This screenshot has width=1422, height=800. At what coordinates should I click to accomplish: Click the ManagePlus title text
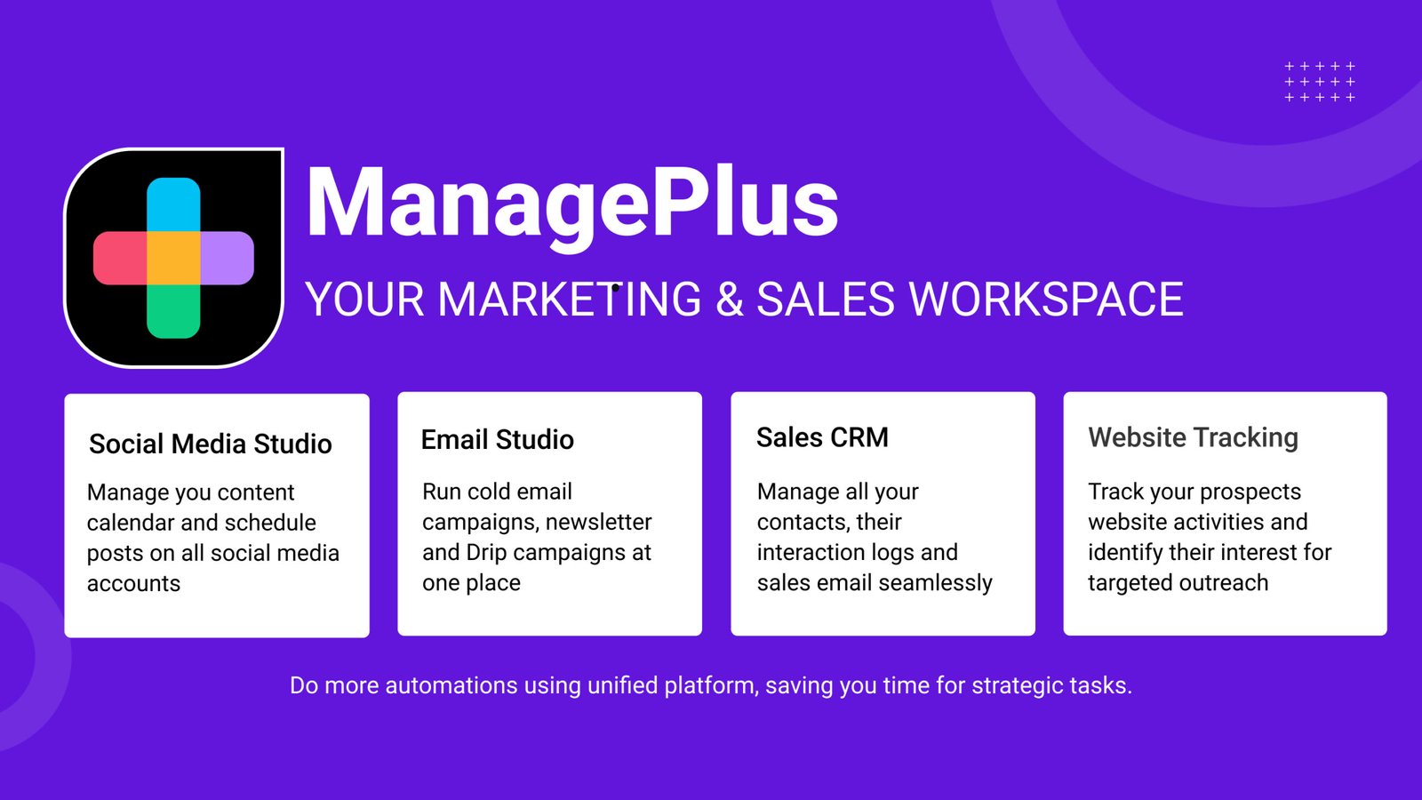pos(571,206)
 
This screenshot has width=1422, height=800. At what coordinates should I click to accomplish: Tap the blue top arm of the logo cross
pos(173,204)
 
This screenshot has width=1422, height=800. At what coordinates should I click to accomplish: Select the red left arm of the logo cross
pos(120,258)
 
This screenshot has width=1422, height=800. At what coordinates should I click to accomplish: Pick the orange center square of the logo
pos(173,258)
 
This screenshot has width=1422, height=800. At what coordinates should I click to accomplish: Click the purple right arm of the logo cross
pos(228,258)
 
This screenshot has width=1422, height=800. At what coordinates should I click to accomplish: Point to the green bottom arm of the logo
pos(173,312)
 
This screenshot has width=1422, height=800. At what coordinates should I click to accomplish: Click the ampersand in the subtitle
pos(730,299)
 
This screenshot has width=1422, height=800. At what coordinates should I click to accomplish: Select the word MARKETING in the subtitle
pos(570,299)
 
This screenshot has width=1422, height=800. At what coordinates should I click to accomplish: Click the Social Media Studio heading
pos(210,444)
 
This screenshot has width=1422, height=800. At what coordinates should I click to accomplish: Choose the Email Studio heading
pos(497,439)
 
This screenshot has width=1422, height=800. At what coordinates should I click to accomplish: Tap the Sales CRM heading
pos(822,437)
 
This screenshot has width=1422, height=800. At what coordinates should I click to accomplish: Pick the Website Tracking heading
pos(1193,437)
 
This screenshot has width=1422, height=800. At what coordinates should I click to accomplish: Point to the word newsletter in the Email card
pos(598,522)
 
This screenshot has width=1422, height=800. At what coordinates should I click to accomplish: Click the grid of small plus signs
pos(1320,82)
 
